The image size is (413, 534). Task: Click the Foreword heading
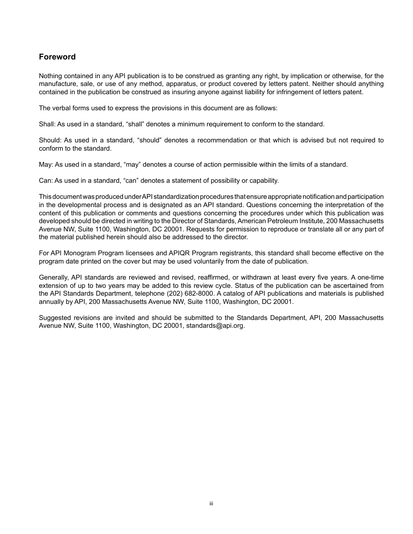click(x=57, y=57)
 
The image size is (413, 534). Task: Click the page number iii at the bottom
click(x=211, y=504)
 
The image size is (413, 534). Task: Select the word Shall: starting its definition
click(x=47, y=124)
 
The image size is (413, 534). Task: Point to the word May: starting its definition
click(x=46, y=165)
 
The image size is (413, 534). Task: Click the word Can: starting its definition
click(x=46, y=181)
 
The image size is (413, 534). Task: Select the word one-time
click(x=370, y=277)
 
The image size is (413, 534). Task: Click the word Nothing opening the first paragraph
click(x=50, y=76)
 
